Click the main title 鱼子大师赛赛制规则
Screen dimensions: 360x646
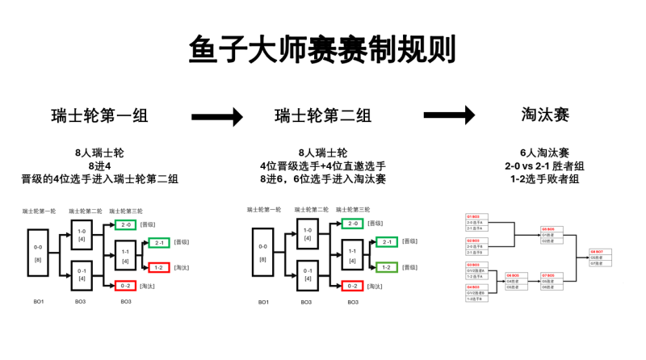pos(322,50)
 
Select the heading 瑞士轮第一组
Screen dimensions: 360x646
pos(99,115)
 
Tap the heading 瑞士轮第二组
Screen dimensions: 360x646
pos(323,115)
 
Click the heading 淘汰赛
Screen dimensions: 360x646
pos(546,115)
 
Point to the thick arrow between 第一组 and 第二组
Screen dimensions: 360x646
pos(216,117)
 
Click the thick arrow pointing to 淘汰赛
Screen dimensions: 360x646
pos(449,116)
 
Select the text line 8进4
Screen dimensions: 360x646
pos(99,165)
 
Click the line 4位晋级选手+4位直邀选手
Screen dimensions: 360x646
pos(323,165)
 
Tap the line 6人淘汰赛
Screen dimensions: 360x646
pos(546,153)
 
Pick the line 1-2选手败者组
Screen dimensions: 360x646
pos(546,178)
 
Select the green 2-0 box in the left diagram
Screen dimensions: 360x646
pos(125,224)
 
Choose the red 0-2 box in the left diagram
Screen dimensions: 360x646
pos(125,285)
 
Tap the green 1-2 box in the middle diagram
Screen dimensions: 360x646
pos(385,267)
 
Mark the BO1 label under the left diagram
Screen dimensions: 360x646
pos(38,301)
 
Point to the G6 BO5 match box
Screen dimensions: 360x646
pos(516,280)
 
